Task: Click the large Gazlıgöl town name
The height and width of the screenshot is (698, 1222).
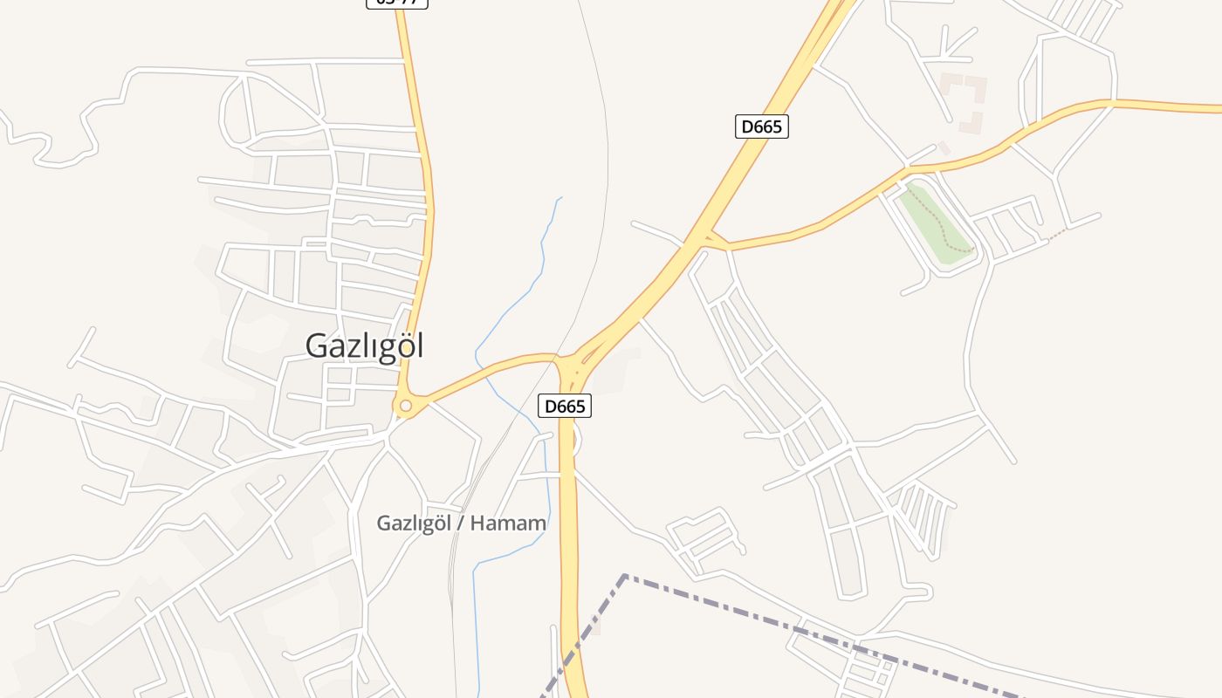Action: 364,346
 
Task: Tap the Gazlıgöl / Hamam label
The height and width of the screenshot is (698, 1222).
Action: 461,523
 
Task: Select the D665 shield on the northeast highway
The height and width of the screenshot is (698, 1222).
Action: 761,127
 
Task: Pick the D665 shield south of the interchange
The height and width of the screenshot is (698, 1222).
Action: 565,406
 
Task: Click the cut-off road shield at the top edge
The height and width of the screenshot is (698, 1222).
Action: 396,3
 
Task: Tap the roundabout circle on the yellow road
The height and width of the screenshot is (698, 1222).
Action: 405,405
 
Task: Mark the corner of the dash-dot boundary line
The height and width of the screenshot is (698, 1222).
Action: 625,576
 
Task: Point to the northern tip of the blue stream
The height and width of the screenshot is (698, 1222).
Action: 560,198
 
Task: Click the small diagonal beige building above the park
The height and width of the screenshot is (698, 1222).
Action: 944,148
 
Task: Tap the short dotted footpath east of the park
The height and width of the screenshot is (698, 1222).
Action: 1057,234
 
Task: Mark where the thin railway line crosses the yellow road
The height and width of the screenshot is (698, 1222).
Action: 560,354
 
